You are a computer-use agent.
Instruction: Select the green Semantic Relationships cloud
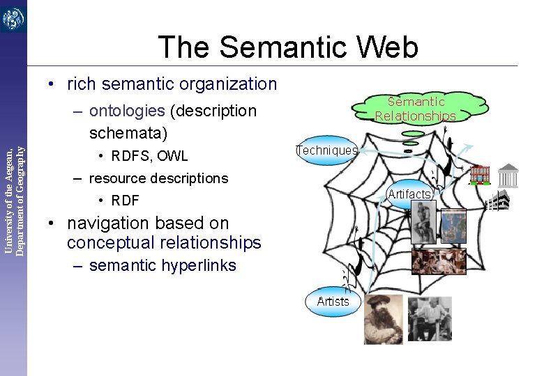[416, 109]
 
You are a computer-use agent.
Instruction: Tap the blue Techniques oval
[326, 151]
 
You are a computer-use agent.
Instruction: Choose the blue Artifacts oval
[409, 195]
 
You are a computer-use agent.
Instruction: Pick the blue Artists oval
[333, 302]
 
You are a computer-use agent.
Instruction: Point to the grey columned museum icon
[509, 175]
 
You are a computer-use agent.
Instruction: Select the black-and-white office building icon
[498, 201]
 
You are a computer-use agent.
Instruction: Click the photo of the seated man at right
[430, 319]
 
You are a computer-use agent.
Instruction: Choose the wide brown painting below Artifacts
[438, 261]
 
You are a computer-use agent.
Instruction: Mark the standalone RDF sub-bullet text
[126, 201]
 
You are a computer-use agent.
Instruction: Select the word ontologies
[127, 111]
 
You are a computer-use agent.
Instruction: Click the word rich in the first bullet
[82, 84]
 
